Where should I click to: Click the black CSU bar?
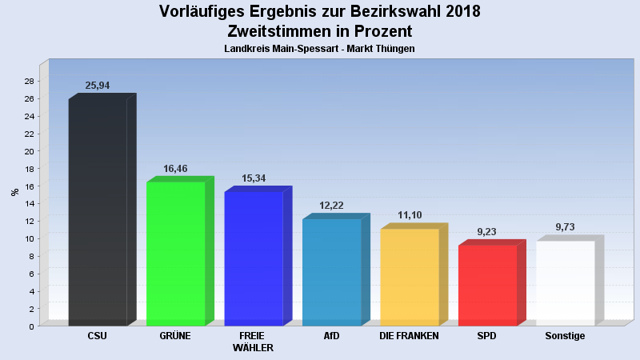coord(98,212)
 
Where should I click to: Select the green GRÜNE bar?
coord(175,254)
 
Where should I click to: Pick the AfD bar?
coord(331,272)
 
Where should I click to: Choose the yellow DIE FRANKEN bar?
coord(410,277)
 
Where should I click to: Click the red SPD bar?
coord(487,285)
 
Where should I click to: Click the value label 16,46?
coord(175,169)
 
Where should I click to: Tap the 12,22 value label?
coord(331,206)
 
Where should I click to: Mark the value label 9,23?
coord(487,232)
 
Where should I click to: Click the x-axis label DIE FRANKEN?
coord(409,336)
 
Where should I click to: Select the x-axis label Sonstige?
coord(565,336)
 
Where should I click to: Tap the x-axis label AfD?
coord(331,336)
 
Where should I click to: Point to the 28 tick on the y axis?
coord(29,81)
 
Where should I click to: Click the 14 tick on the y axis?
coord(29,203)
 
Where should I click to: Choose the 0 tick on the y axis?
coord(31,326)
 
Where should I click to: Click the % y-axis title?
coord(14,192)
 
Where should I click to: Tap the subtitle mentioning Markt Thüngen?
coord(319,49)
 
